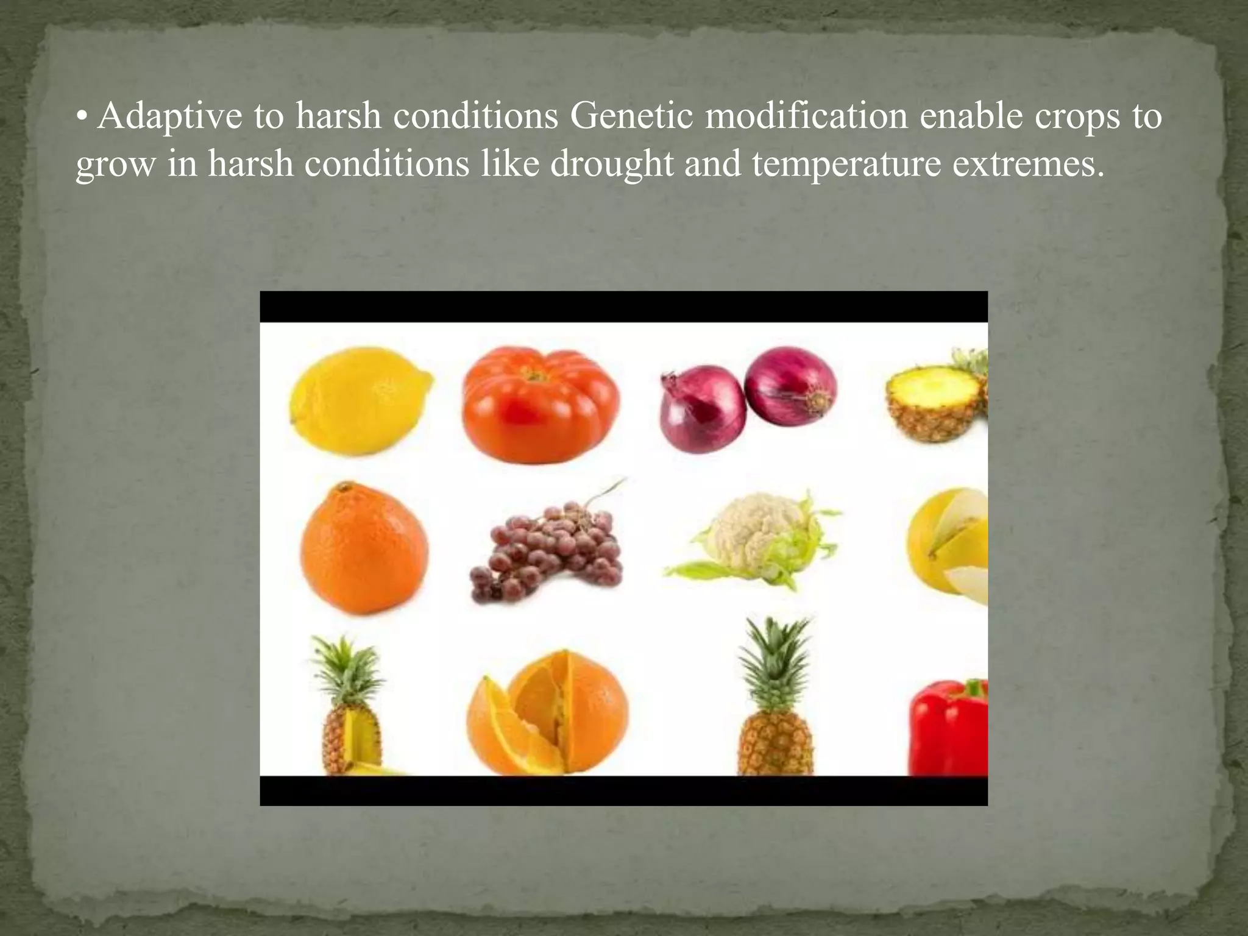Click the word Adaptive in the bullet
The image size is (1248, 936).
point(169,116)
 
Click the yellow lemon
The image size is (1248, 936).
point(360,400)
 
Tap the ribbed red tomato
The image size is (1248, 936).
point(540,405)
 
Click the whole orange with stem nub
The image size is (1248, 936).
point(364,548)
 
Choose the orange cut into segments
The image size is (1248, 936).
point(547,713)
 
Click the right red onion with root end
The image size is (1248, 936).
point(791,387)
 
